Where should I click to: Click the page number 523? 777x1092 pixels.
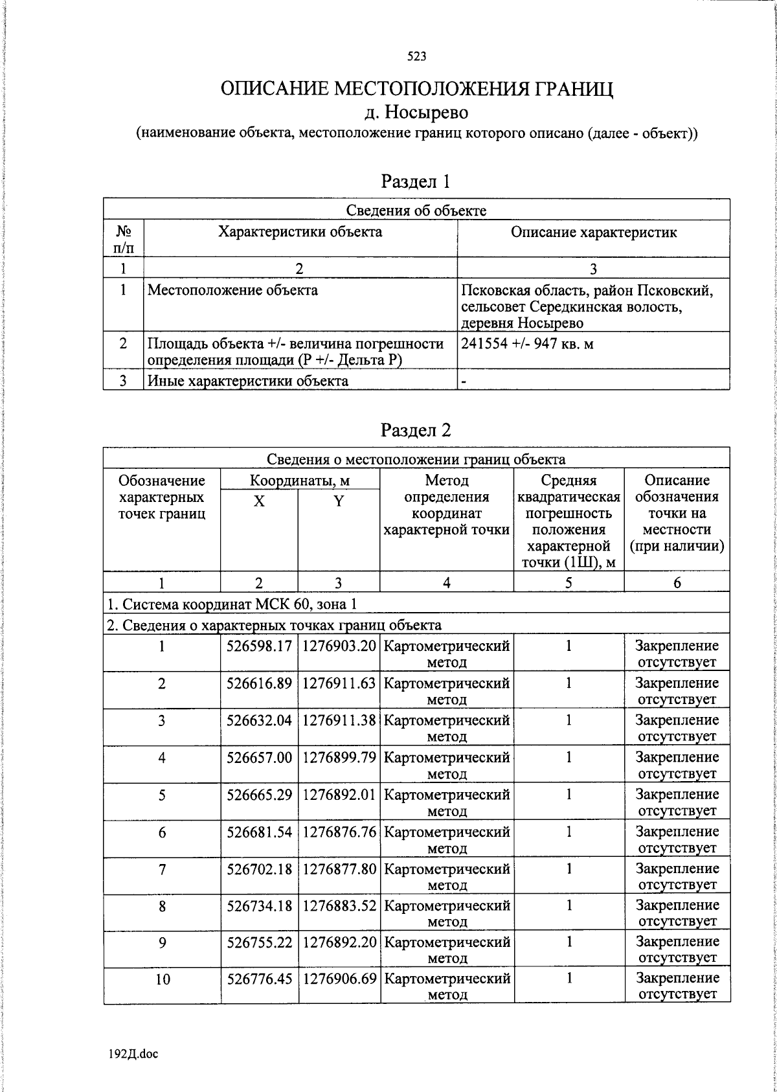coord(416,56)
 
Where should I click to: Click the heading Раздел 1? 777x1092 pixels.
coord(415,181)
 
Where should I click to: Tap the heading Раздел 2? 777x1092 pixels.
coord(415,430)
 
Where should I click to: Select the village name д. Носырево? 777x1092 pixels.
coord(416,112)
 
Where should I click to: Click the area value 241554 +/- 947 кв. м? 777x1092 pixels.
coord(526,343)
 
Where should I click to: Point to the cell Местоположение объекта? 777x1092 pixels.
coord(232,290)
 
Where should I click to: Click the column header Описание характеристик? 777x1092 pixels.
coord(593,232)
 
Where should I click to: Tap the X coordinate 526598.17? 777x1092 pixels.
coord(259,646)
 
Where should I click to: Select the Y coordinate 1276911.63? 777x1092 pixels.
coord(339,683)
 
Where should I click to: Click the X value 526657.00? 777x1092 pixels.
coord(259,757)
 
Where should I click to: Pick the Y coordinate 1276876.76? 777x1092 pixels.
coord(339,831)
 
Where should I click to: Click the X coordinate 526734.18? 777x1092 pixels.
coord(259,905)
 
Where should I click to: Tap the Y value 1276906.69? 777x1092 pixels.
coord(339,978)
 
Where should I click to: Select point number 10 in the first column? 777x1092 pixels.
coord(162,979)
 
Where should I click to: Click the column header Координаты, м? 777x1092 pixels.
coord(300,481)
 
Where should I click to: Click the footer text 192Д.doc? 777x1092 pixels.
coord(133,1054)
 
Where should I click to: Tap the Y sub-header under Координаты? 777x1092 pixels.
coord(339,501)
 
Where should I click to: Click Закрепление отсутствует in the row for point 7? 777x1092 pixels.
coord(677,876)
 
